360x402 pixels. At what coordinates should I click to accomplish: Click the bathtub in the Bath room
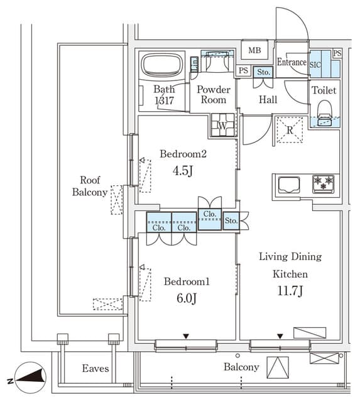click(x=162, y=65)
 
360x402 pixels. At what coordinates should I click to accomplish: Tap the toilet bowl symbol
click(x=324, y=113)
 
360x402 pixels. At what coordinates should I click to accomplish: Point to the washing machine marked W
click(x=222, y=125)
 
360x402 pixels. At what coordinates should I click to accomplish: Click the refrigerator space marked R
click(x=290, y=130)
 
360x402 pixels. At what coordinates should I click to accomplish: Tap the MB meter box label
click(x=254, y=50)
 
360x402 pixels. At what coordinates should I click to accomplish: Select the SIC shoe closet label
click(x=315, y=65)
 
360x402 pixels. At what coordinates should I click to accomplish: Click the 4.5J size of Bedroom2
click(x=183, y=170)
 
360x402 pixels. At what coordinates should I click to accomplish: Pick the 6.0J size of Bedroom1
click(x=187, y=298)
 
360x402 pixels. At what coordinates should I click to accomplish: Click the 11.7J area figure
click(x=290, y=291)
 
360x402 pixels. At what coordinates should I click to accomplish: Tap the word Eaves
click(x=95, y=369)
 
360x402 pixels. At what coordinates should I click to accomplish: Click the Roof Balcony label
click(x=90, y=186)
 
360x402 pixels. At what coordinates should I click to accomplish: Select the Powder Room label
click(x=214, y=95)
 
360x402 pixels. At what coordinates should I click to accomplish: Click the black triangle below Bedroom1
click(x=186, y=336)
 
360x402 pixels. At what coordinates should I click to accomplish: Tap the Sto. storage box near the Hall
click(x=263, y=72)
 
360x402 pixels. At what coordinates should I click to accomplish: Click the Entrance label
click(x=292, y=62)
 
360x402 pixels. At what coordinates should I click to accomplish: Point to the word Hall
click(x=268, y=99)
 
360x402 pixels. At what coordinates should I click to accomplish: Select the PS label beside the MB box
click(x=243, y=70)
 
